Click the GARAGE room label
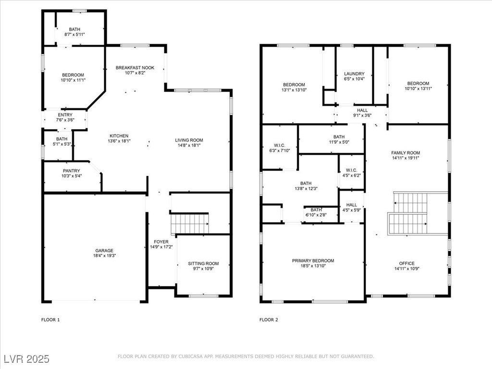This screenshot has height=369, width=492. [x=104, y=251]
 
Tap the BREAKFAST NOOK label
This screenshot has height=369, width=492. [x=135, y=68]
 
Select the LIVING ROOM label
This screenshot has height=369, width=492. [x=189, y=140]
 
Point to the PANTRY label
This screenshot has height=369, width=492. [x=72, y=171]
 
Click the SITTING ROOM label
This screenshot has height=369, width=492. [x=203, y=264]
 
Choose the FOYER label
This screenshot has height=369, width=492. [x=161, y=242]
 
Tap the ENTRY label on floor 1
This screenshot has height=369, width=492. [x=65, y=115]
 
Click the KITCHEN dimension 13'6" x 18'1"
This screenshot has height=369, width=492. [x=119, y=141]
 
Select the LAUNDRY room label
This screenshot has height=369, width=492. [x=354, y=74]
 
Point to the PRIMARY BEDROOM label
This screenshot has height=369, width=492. [x=313, y=261]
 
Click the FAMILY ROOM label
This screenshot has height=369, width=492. [x=406, y=153]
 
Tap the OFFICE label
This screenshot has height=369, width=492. [x=407, y=264]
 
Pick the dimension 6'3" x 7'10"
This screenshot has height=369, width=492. [x=280, y=150]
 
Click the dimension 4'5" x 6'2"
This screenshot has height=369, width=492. [x=351, y=176]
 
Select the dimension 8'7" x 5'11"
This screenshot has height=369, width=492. [x=74, y=35]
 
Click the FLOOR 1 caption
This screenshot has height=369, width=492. [x=50, y=320]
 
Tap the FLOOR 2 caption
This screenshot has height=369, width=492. [x=269, y=320]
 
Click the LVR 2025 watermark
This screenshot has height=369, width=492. [x=27, y=359]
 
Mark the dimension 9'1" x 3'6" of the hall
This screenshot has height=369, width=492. [x=362, y=115]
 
